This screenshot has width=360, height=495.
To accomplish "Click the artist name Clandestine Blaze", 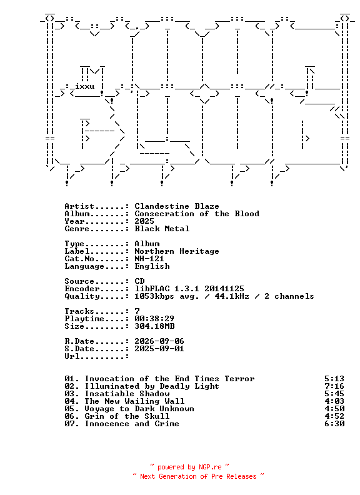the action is click(177, 206).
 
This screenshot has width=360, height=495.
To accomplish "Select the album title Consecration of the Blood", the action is click(197, 214).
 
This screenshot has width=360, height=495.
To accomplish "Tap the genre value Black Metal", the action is click(162, 229).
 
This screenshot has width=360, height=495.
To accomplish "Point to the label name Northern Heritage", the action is click(177, 251).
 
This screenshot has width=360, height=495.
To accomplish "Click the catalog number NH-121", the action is click(149, 259).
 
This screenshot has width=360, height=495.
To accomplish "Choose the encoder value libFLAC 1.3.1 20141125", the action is click(189, 289).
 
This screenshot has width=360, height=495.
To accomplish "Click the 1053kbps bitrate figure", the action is click(154, 296).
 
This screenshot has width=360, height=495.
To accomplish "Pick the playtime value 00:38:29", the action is click(154, 319).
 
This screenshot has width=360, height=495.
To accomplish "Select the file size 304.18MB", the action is click(154, 326).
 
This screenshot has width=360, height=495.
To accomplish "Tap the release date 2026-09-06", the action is click(159, 341).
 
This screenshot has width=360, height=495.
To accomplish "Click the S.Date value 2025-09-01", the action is click(159, 349).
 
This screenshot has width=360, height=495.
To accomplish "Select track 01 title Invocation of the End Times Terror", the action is click(169, 379).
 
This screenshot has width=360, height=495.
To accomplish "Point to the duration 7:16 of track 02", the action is click(334, 386).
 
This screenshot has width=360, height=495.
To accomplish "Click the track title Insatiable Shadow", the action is click(127, 394).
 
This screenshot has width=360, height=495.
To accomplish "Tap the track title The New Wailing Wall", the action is click(134, 401).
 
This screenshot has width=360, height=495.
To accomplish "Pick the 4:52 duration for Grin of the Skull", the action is click(334, 416).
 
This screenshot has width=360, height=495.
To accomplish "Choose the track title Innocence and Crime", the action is click(132, 424).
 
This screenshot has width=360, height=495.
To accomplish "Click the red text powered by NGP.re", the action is click(189, 467).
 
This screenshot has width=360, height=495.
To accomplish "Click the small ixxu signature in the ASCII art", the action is click(84, 86).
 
